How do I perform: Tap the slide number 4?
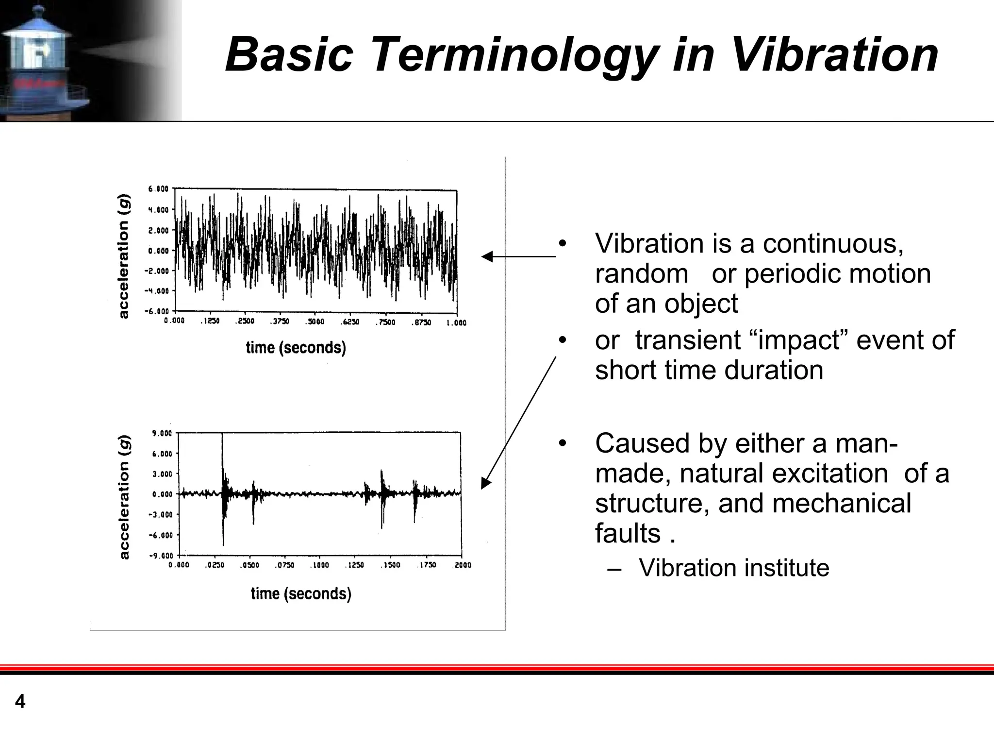click(x=20, y=702)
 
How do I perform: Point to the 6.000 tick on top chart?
click(x=158, y=189)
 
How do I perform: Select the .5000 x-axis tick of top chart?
click(x=316, y=322)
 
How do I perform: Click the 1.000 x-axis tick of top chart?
click(x=456, y=322)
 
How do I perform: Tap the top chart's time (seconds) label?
click(x=296, y=348)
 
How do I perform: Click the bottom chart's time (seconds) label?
click(x=301, y=593)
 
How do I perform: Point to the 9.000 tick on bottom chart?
click(x=162, y=433)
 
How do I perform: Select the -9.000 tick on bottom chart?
click(x=161, y=556)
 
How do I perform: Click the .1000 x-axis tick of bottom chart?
click(x=320, y=565)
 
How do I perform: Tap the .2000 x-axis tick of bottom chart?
click(x=463, y=565)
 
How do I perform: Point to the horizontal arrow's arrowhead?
click(x=486, y=256)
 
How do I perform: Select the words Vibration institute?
click(x=733, y=568)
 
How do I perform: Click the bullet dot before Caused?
click(x=563, y=443)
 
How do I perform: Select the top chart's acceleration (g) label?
click(x=124, y=256)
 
